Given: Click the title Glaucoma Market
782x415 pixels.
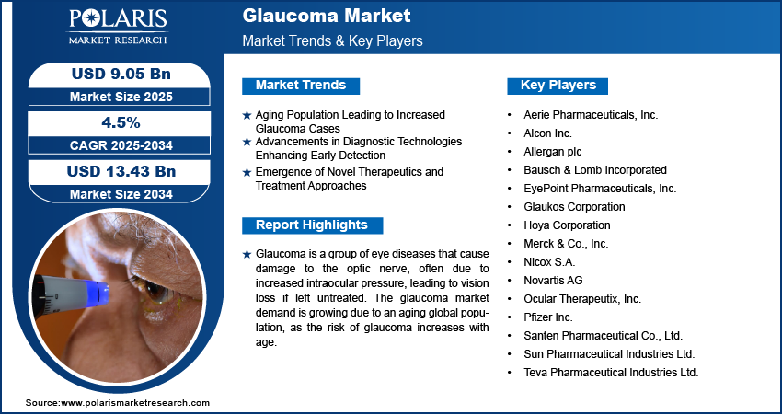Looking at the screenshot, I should (314, 17).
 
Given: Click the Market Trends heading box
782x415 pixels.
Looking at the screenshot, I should (301, 86).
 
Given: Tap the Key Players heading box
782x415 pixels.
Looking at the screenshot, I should (558, 86).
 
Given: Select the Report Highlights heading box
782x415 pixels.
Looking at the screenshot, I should (311, 225).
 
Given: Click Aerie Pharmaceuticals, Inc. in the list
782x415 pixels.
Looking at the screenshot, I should (589, 115).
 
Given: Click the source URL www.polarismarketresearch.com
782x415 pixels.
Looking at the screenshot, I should (135, 403).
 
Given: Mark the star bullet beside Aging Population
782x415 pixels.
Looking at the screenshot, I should (247, 115).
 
